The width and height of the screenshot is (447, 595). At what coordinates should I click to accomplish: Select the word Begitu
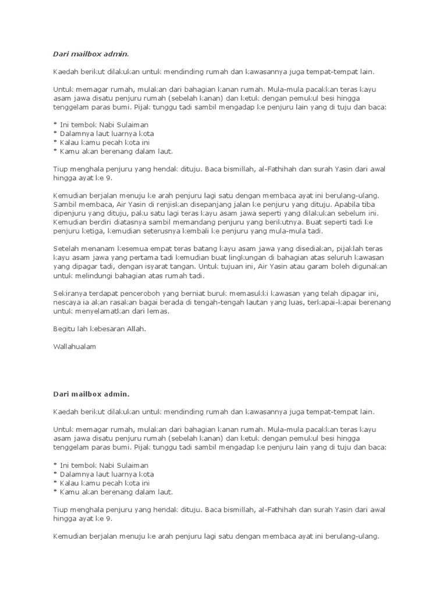pos(63,328)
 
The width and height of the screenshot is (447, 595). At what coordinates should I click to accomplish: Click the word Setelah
pos(66,249)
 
